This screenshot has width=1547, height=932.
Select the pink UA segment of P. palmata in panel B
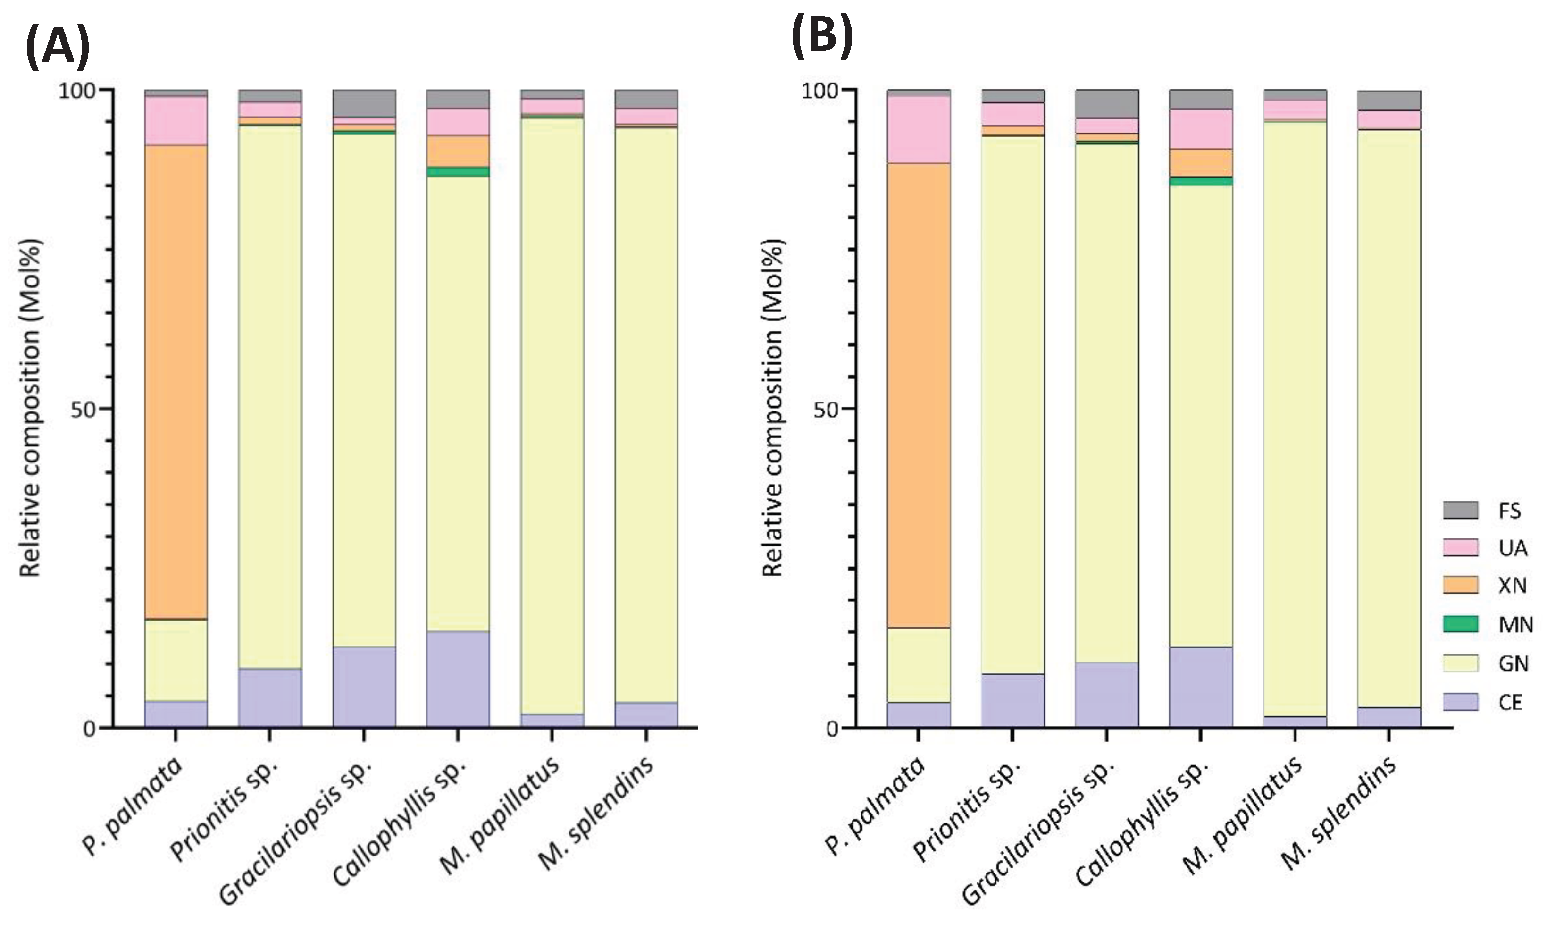[x=919, y=129]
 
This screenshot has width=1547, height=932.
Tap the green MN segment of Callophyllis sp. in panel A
[x=458, y=171]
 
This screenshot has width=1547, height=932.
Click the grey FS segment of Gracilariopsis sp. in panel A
[x=364, y=103]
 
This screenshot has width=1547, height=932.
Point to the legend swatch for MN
[x=1460, y=624]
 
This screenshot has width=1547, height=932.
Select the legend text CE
[x=1510, y=702]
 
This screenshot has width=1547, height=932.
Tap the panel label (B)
[x=822, y=38]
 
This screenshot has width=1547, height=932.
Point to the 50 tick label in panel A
[x=84, y=409]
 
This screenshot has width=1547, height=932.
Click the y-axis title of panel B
[x=774, y=408]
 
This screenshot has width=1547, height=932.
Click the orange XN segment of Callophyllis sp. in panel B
[x=1200, y=163]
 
